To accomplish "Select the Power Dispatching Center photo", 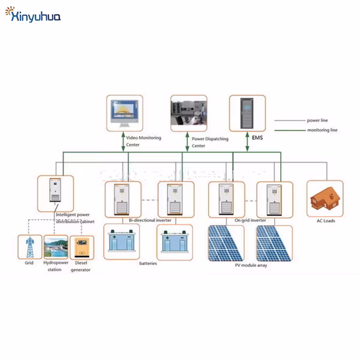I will pyautogui.click(x=189, y=111).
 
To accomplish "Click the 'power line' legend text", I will pyautogui.click(x=318, y=121).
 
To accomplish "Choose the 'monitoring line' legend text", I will pyautogui.click(x=322, y=130).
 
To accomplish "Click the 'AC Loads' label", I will pyautogui.click(x=325, y=221).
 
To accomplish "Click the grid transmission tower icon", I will pyautogui.click(x=29, y=248).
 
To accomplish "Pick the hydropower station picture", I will pyautogui.click(x=56, y=248).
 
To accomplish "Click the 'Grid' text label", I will pyautogui.click(x=29, y=263).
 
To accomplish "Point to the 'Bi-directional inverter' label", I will pyautogui.click(x=149, y=221).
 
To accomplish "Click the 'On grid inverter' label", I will pyautogui.click(x=251, y=221).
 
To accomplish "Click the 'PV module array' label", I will pyautogui.click(x=249, y=265).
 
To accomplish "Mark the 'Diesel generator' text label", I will pyautogui.click(x=81, y=266).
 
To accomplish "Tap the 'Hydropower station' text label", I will pyautogui.click(x=56, y=266).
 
